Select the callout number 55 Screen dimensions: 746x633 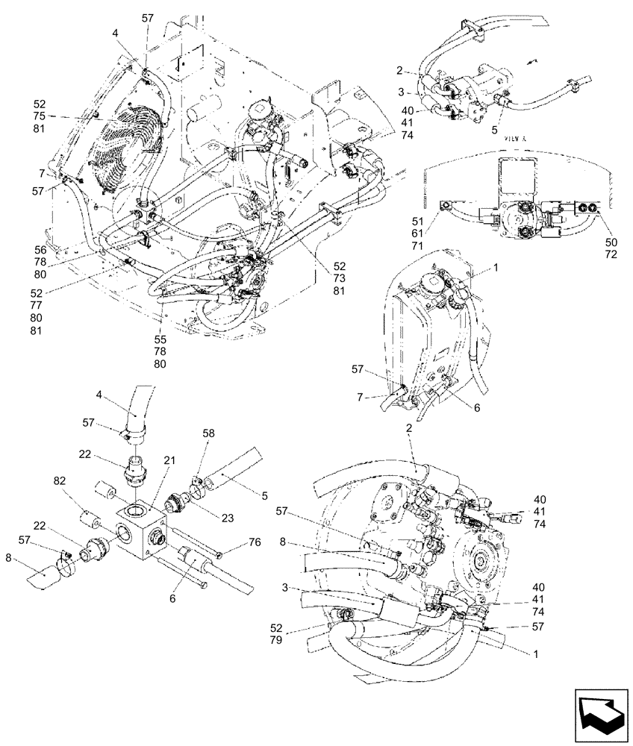[160, 339]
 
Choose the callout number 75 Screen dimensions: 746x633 [40, 116]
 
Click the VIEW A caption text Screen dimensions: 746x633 [515, 139]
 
